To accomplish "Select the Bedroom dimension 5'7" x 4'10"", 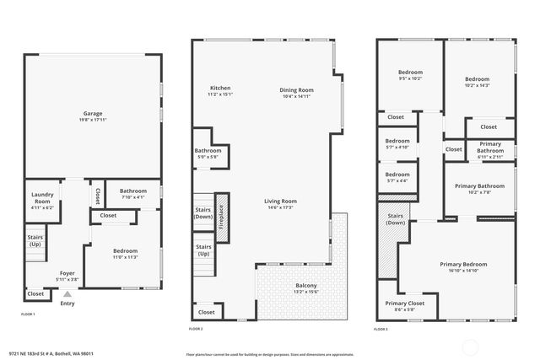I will tap(397, 147).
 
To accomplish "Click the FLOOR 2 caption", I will tap(196, 328).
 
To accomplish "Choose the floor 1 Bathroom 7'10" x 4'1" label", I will tap(132, 194).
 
